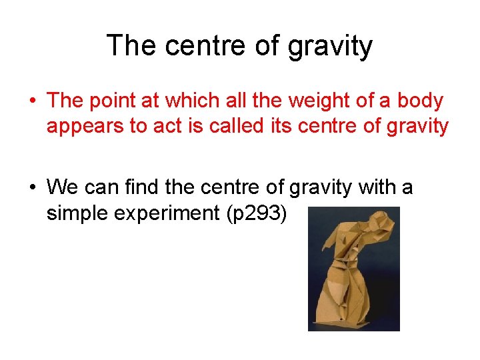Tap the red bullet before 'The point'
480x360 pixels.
coord(31,101)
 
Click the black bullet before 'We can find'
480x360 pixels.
coord(31,187)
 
